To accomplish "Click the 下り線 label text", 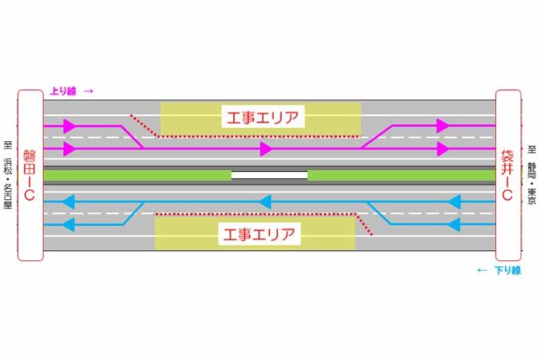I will pyautogui.click(x=506, y=269).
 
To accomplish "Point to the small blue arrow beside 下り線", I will pyautogui.click(x=481, y=269).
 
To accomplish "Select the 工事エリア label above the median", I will pyautogui.click(x=261, y=116).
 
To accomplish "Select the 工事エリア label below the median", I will pyautogui.click(x=255, y=235).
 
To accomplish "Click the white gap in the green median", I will pyautogui.click(x=269, y=175).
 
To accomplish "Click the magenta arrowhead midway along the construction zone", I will pyautogui.click(x=265, y=148).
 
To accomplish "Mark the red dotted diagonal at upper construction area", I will pyautogui.click(x=144, y=126).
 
